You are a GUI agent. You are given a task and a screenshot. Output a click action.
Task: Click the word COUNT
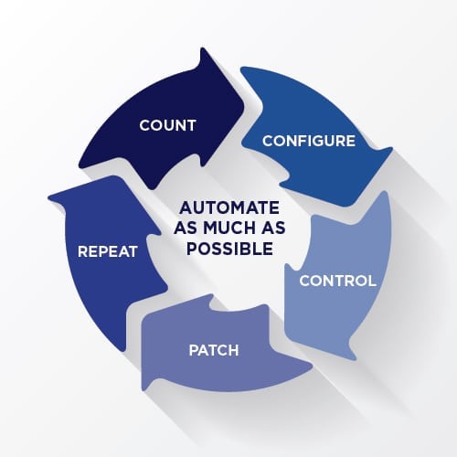167,125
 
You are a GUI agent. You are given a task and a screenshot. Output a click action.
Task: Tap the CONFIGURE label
309,141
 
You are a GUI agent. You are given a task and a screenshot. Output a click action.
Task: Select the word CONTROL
337,281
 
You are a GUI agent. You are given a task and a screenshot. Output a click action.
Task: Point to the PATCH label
214,350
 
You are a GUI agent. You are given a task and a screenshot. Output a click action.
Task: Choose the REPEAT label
108,251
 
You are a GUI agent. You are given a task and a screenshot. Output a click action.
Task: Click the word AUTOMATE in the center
229,208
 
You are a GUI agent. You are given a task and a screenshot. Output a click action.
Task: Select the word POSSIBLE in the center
229,249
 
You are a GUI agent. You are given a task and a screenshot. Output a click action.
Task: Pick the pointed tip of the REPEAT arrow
48,197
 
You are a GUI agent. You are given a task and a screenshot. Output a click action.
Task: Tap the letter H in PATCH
233,350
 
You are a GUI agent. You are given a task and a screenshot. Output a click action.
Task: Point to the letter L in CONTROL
372,281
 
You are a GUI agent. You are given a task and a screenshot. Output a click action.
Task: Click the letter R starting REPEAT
83,251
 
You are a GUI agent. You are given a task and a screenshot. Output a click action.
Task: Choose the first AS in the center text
186,228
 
